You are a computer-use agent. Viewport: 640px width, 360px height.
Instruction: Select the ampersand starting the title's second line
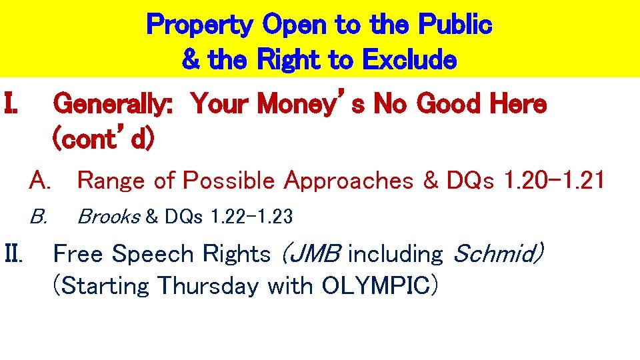coord(191,60)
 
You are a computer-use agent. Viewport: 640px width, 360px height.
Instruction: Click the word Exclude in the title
coord(409,60)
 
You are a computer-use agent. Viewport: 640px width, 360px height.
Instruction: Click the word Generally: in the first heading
coord(113,104)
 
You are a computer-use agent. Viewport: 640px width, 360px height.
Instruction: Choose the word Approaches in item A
coord(348,180)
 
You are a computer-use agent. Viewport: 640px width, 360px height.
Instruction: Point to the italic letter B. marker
coord(38,217)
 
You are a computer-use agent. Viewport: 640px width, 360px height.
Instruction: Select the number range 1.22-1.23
coord(251,217)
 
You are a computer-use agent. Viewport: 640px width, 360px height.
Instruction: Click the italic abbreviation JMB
coord(311,254)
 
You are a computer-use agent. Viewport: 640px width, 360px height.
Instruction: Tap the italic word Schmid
coord(498,254)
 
